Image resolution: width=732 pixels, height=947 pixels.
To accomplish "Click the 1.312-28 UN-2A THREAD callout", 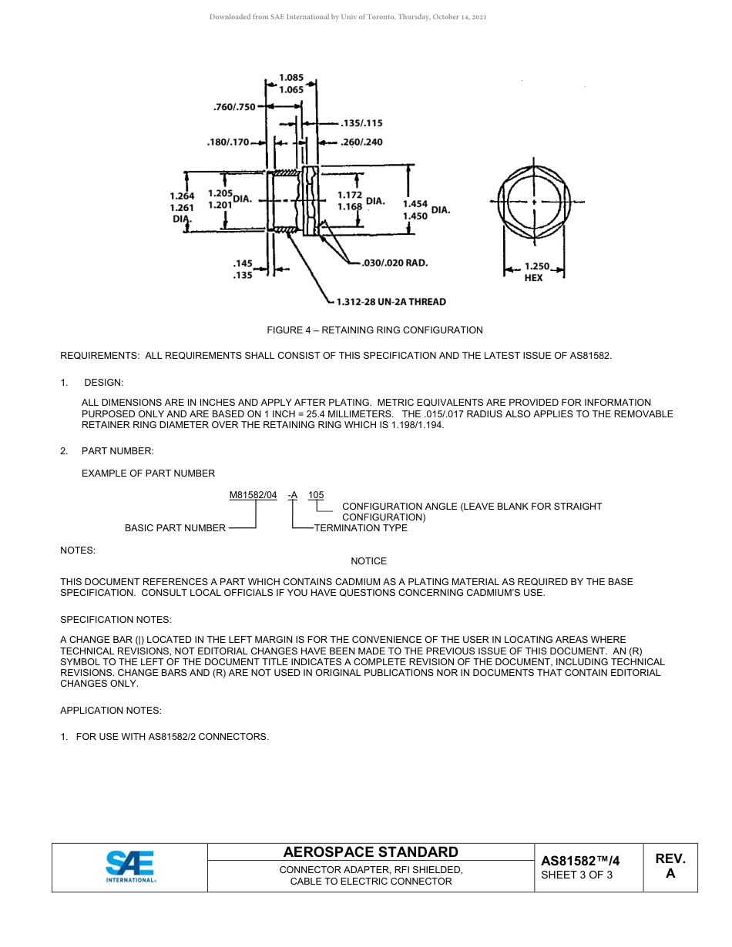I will (x=391, y=302).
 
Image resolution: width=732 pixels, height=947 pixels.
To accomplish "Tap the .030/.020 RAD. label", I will (x=395, y=263).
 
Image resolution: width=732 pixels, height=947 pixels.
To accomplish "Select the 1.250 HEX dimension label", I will (x=535, y=272).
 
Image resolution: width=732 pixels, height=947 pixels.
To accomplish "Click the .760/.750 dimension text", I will (x=233, y=107).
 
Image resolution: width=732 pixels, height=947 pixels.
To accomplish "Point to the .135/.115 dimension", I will (x=361, y=123).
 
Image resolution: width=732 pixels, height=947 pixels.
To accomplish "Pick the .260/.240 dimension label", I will (x=361, y=142).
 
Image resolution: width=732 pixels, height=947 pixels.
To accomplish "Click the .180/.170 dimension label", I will (x=227, y=142).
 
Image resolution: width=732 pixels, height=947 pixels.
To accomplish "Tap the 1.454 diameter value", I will (x=415, y=204).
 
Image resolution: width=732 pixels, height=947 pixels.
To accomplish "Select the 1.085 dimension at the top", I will (x=290, y=77).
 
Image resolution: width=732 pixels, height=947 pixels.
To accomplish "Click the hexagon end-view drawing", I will (x=534, y=202).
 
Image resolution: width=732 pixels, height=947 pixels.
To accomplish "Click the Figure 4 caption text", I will (x=374, y=330).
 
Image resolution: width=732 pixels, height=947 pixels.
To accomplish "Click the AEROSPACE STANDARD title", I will (x=371, y=852).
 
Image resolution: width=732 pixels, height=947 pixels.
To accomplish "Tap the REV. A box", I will (x=670, y=866).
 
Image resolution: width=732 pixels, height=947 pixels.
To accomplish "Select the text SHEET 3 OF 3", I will (x=576, y=875).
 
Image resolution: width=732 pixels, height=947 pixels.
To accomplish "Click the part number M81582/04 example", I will (x=253, y=495).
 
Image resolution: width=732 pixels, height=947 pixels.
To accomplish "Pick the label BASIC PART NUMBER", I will (x=175, y=528).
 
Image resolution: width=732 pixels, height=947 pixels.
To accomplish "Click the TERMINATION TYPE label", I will (x=361, y=528).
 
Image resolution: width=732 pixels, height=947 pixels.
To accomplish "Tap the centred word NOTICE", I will (x=368, y=561).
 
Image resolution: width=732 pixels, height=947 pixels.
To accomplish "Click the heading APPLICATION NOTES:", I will (x=111, y=711).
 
